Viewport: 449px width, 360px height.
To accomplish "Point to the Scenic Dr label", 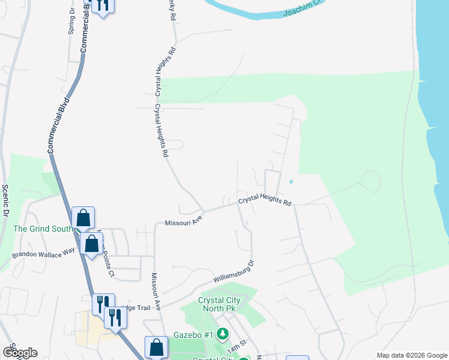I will tap(6, 200).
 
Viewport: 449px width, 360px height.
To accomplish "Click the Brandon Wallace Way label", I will tap(46, 253).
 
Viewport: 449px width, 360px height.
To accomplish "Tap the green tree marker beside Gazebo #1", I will tap(223, 332).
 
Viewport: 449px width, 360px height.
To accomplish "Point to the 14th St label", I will tap(237, 347).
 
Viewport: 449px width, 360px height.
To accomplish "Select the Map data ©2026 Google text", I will tap(411, 355).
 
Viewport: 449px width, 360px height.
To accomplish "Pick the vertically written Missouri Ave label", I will tap(156, 291).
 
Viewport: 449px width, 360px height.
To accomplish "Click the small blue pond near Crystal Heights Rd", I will tap(291, 181).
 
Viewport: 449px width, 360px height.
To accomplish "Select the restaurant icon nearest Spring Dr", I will tap(103, 6).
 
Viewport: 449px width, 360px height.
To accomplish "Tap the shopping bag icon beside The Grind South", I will tap(83, 218).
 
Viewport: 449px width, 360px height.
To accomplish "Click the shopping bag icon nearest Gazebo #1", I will tap(156, 347).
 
